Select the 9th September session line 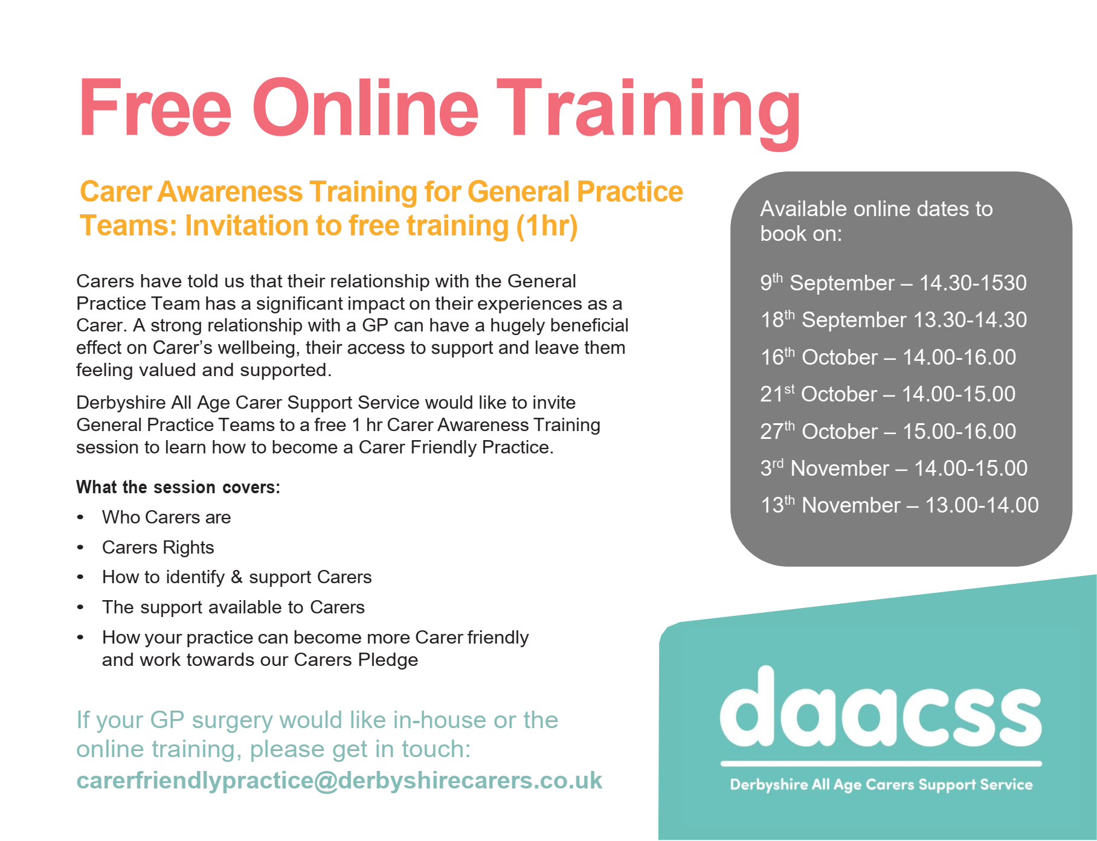(x=893, y=283)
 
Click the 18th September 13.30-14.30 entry (x=893, y=319)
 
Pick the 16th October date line (x=888, y=357)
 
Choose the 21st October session (x=888, y=394)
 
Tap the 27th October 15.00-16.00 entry (x=888, y=431)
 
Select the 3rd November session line (x=894, y=468)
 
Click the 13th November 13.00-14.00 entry (x=899, y=505)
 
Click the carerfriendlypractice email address (x=339, y=781)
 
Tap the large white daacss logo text (x=881, y=707)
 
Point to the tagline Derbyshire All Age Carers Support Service (x=881, y=785)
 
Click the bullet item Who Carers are (x=166, y=517)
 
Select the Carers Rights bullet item (x=158, y=548)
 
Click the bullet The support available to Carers (x=233, y=607)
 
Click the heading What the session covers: (x=178, y=487)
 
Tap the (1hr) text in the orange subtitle (x=547, y=226)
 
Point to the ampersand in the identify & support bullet (x=237, y=577)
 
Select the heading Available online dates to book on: (x=876, y=221)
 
